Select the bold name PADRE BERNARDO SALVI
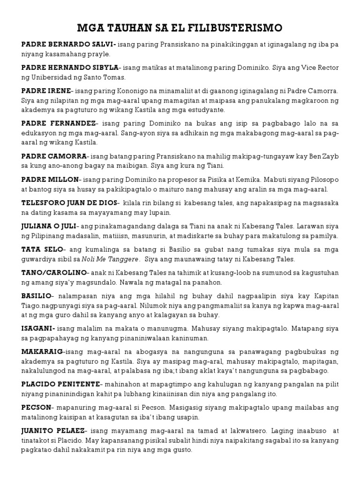(x=68, y=45)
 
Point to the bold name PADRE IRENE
(x=46, y=90)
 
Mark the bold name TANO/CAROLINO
(x=54, y=272)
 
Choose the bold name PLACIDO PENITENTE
(x=60, y=384)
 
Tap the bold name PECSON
(x=35, y=407)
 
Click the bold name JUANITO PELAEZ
(x=52, y=430)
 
